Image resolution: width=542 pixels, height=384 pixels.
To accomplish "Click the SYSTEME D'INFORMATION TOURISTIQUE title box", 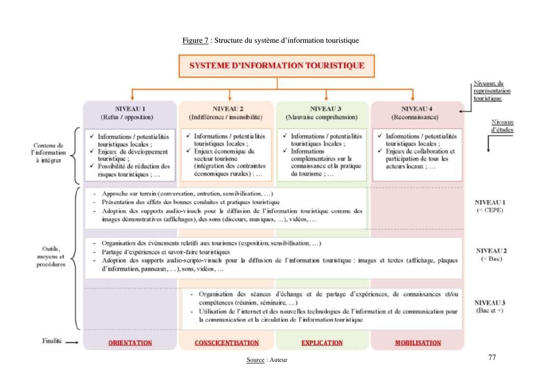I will tap(277, 65).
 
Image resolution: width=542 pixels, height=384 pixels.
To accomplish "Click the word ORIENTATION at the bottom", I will tap(130, 343).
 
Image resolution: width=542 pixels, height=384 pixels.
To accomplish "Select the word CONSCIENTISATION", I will tap(226, 343).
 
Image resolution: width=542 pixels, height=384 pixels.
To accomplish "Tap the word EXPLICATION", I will tap(322, 343).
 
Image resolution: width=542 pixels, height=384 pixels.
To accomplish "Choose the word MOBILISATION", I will tap(417, 343).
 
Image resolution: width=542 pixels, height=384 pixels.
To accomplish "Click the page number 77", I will tap(492, 357).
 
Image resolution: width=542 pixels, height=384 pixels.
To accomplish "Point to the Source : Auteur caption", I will tap(267, 360).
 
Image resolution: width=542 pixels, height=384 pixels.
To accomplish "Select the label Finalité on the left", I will tap(53, 341).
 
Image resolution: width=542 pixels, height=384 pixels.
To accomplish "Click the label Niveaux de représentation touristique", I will tap(491, 91).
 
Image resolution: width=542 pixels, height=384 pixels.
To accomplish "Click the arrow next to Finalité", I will tap(73, 342).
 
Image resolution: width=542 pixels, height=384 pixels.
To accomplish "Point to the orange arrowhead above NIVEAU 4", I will tap(413, 97).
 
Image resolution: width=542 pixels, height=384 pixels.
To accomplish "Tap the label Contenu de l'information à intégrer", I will tap(49, 153).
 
